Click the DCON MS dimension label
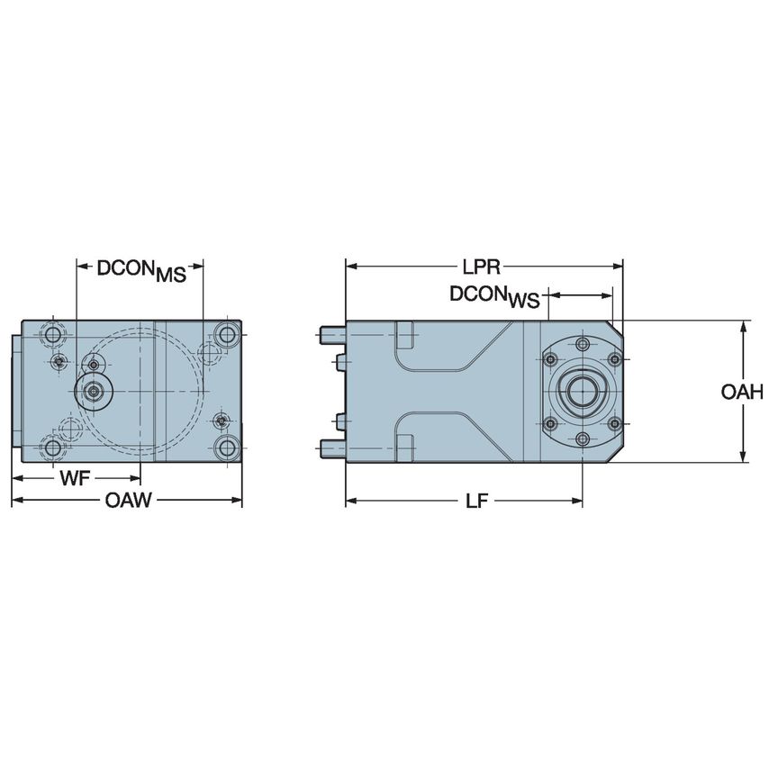coord(141,270)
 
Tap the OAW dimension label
coord(127,501)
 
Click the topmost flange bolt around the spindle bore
coord(583,346)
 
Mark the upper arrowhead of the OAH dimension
coord(743,326)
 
